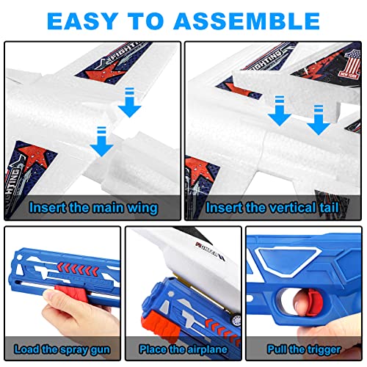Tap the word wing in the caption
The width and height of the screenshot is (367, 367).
coord(142,208)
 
